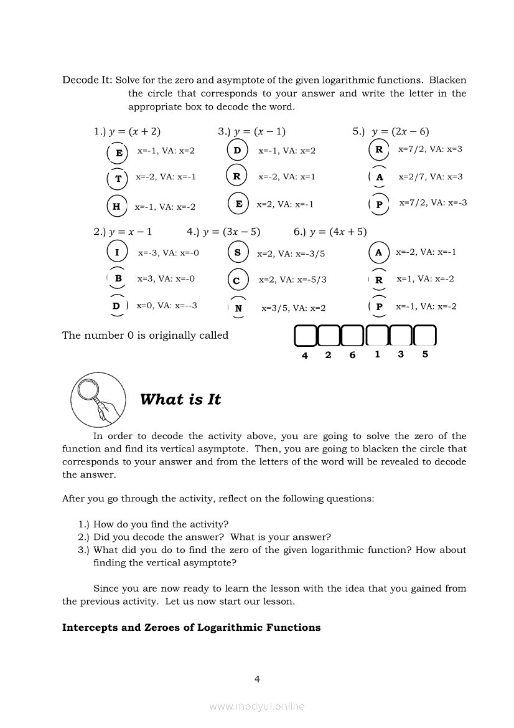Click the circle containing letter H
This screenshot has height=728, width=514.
point(116,206)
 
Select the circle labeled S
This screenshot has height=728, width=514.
point(238,252)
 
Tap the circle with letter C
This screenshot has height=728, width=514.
point(237,280)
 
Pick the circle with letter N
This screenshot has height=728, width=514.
point(238,308)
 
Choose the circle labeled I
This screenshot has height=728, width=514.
point(117,252)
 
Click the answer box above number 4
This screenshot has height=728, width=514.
point(305,336)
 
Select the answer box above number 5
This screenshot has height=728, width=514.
point(425,336)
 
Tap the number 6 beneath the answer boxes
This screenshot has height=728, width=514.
point(352,355)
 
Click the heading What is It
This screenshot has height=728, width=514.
point(180,400)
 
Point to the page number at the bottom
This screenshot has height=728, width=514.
point(257,679)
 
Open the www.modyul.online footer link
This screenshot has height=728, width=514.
point(257,706)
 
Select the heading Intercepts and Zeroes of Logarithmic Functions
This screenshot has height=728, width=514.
point(191,627)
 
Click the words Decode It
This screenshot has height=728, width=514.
point(86,80)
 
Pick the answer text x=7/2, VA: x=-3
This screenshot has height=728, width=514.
point(432,202)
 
